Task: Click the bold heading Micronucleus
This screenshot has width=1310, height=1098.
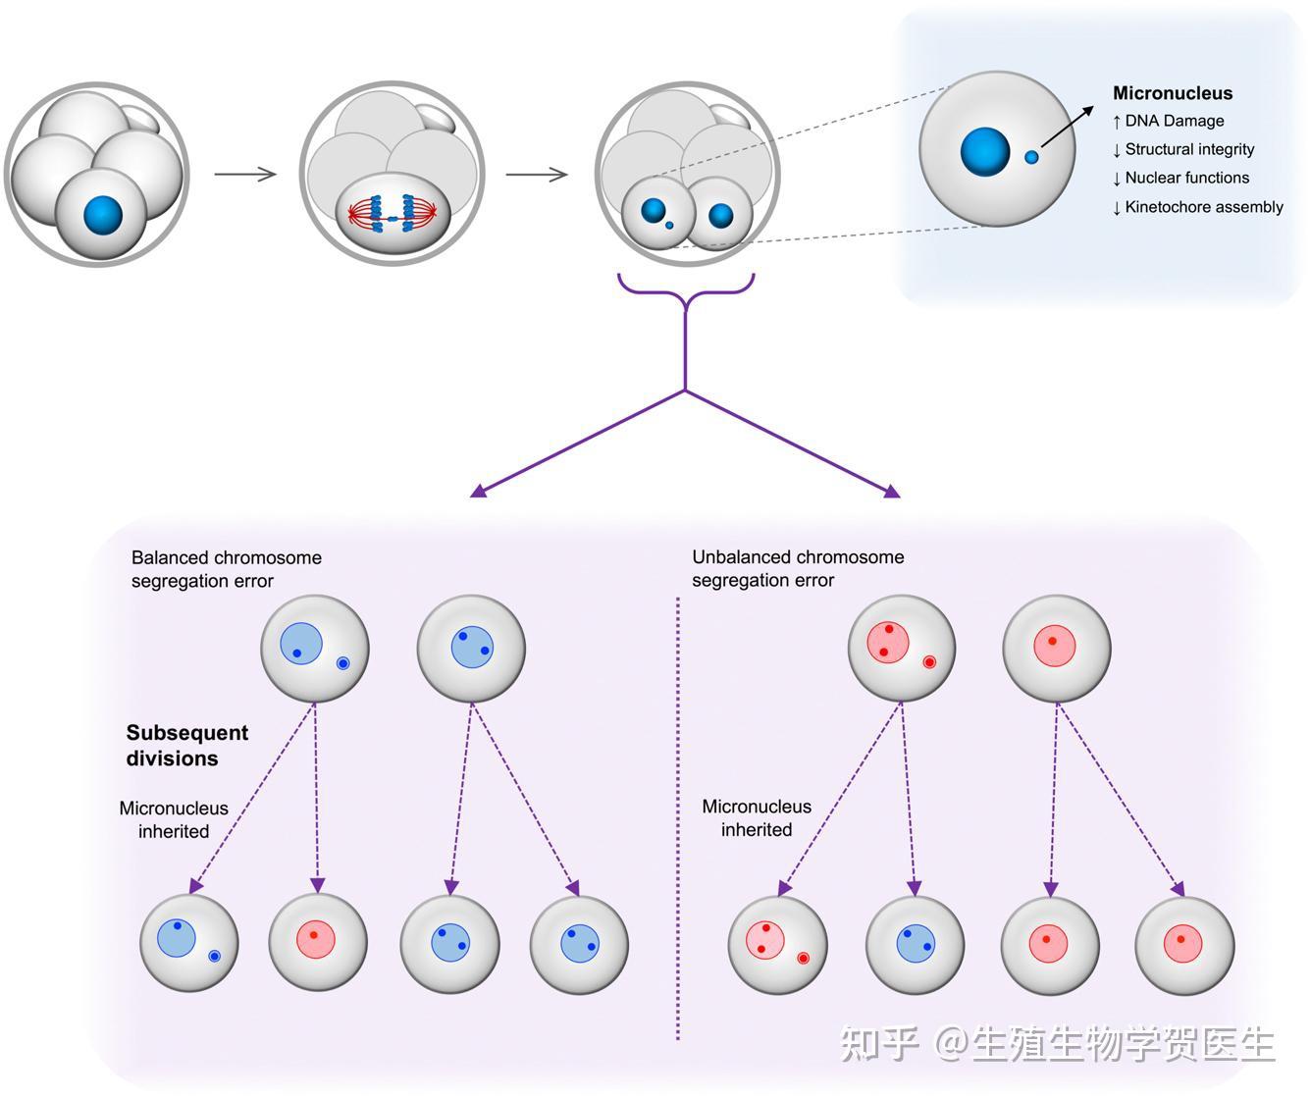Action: coord(1172,93)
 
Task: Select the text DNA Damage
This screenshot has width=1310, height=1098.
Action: coord(1174,121)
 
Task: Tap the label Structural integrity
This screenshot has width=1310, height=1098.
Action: coord(1189,149)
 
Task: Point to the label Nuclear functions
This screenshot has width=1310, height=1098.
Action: coord(1187,178)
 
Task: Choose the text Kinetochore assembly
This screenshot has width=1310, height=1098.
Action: coord(1204,207)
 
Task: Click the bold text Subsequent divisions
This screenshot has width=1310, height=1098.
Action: coord(187,746)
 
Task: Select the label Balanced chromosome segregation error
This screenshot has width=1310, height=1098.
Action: coord(226,569)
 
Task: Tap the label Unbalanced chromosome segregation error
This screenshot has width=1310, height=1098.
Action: coord(798,568)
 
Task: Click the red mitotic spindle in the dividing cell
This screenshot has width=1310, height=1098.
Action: coord(393,214)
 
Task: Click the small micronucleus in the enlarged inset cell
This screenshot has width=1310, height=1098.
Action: coord(1031,157)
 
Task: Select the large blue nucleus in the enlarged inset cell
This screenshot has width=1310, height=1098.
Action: coord(985,151)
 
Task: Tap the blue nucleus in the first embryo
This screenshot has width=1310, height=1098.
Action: coord(103,215)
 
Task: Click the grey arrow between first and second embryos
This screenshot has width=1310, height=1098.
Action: coord(245,174)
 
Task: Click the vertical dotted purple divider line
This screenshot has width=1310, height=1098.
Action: coord(678,818)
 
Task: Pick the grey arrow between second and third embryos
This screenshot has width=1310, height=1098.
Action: coord(537,174)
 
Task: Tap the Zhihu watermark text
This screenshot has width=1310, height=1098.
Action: coord(1058,1043)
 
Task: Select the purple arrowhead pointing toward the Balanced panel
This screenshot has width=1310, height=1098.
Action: coord(479,491)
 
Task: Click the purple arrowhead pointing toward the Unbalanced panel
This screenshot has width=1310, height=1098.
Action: coord(892,491)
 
